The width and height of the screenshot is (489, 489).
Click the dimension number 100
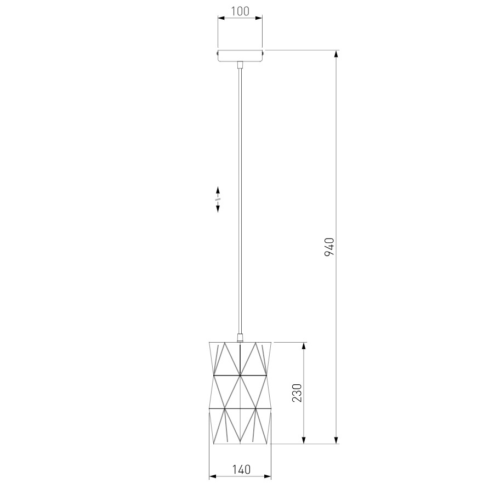pos(240,11)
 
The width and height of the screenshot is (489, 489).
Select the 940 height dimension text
pos(329,247)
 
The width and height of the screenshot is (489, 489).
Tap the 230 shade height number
pos(297,393)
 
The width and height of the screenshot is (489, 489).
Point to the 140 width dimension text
pos(241,469)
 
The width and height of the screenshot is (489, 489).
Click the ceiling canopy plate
pos(240,55)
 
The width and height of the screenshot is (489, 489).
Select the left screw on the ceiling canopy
pos(216,54)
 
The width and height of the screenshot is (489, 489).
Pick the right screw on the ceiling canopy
pos(264,54)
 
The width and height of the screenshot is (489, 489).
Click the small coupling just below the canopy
pos(240,65)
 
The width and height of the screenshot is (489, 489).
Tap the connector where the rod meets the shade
pos(240,338)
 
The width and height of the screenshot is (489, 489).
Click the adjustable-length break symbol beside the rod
pos(218,200)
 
